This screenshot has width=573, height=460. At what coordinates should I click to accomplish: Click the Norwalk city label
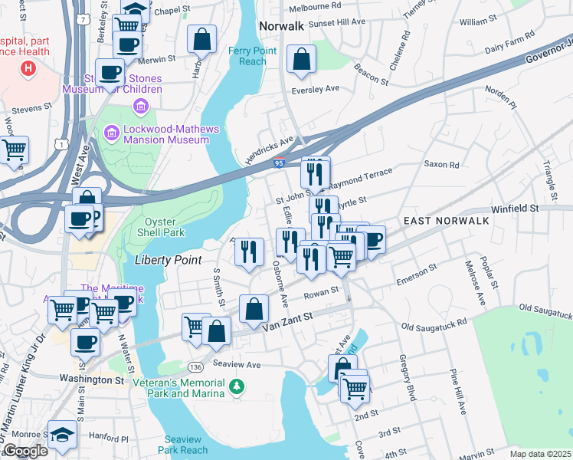click(282, 25)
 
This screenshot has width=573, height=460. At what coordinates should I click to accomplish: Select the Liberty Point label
click(169, 260)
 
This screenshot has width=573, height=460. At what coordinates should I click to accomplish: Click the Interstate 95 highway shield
click(280, 163)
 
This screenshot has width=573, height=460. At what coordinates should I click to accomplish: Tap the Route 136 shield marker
click(195, 346)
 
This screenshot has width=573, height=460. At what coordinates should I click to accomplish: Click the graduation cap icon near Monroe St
click(62, 434)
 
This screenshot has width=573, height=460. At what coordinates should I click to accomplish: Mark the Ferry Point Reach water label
click(247, 56)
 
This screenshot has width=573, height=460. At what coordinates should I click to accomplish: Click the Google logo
click(25, 451)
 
